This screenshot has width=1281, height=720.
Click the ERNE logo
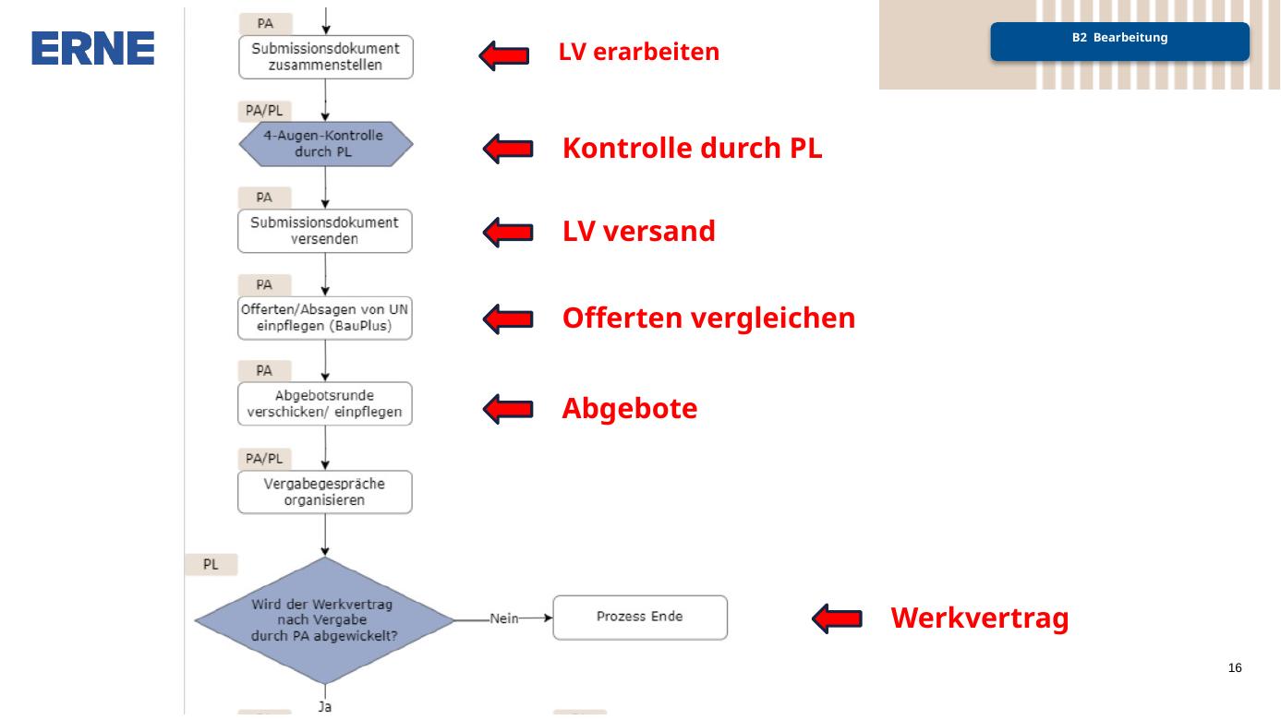point(92,48)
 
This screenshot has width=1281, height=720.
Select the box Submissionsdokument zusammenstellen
point(326,57)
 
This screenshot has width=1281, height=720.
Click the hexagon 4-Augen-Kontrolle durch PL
point(326,144)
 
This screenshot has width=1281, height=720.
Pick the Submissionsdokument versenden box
point(325,231)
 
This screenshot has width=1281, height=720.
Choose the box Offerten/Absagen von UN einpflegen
point(325,318)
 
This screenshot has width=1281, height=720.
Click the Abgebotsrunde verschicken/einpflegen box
point(325,403)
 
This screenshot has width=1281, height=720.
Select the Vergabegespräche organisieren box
point(325,492)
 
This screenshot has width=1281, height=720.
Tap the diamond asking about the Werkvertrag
point(324,620)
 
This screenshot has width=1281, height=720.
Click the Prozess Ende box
point(640,618)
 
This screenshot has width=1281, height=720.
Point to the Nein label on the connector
point(504,618)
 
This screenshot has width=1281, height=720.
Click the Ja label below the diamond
point(325,707)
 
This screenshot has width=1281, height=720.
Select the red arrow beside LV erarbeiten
point(504,55)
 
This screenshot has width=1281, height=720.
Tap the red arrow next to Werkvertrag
point(838,618)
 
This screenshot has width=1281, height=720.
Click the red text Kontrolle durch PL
point(692,148)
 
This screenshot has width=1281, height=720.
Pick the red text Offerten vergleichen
point(708,318)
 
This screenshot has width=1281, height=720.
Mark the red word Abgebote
point(630,409)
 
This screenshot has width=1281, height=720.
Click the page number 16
point(1235,668)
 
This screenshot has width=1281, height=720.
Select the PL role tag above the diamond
point(211,565)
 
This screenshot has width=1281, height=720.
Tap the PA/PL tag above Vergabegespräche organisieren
point(264,459)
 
